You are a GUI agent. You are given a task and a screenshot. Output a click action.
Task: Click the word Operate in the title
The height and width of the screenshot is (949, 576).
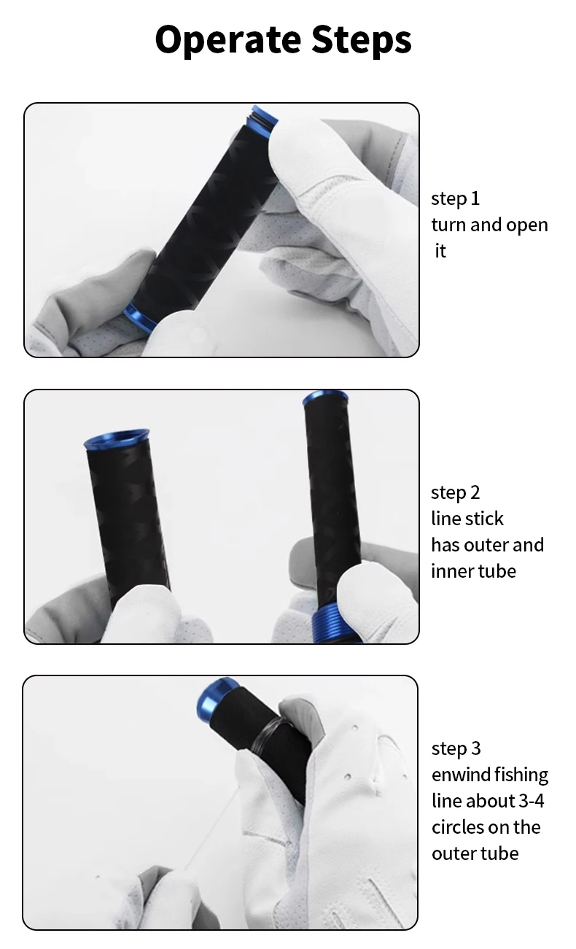(228, 40)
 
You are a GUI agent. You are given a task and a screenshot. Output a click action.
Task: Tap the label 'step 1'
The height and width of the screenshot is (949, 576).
(455, 198)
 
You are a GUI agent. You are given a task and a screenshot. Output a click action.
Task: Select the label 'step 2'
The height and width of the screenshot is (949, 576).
(455, 492)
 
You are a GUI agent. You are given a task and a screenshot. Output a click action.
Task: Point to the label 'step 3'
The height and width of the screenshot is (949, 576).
(456, 748)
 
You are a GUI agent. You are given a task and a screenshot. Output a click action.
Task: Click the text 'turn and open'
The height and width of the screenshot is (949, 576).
(490, 225)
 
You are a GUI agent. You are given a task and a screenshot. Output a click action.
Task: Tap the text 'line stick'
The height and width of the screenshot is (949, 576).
(467, 519)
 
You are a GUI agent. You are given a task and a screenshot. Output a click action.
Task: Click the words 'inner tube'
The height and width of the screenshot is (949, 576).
(473, 571)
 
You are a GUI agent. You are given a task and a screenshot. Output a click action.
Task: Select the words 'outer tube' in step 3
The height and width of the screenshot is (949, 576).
(475, 853)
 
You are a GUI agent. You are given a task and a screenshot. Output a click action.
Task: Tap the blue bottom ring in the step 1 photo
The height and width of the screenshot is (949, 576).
(140, 317)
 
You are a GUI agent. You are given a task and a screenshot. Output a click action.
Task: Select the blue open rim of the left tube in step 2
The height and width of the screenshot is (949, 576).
(117, 439)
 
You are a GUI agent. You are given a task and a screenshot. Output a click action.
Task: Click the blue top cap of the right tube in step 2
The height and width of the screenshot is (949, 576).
(325, 398)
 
